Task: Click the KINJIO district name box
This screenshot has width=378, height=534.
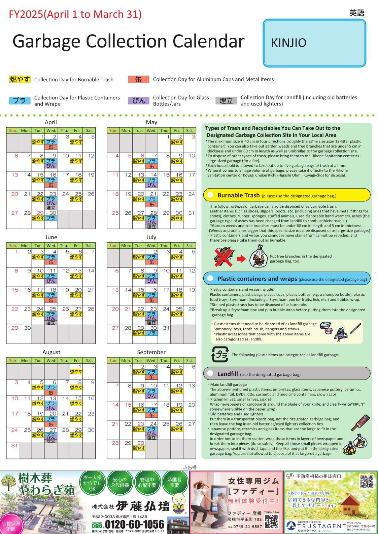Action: [x=314, y=43]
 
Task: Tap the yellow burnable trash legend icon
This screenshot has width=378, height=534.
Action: [x=20, y=79]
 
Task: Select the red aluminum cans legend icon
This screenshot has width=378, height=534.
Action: [x=138, y=79]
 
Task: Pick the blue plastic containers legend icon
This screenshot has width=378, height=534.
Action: [x=20, y=100]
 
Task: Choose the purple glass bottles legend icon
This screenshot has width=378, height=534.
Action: [x=138, y=100]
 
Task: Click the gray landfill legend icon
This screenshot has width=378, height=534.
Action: [x=226, y=100]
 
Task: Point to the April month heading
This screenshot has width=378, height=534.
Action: [x=51, y=122]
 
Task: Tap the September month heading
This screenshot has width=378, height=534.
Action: [x=151, y=352]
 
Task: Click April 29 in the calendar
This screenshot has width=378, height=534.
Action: [x=40, y=213]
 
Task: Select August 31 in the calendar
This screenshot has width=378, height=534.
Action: [x=14, y=446]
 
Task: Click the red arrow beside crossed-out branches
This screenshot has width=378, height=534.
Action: [x=241, y=258]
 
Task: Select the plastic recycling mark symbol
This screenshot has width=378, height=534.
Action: [x=220, y=354]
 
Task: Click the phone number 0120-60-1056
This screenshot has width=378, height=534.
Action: [x=134, y=525]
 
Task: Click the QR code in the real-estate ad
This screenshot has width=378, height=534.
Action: [x=367, y=482]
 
